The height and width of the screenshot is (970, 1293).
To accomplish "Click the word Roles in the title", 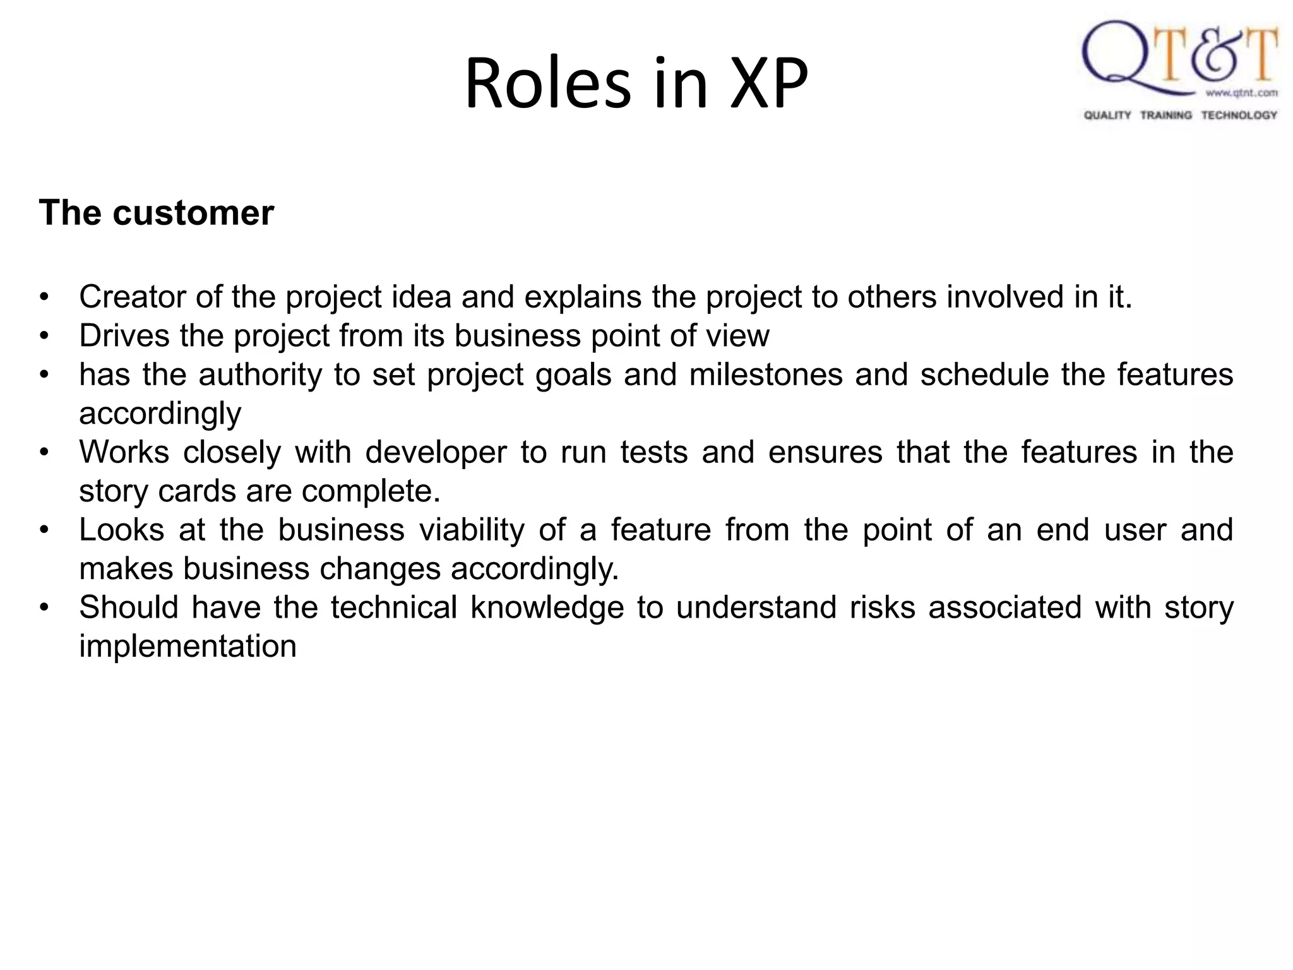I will point(547,84).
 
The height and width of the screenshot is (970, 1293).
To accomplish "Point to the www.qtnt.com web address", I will point(1241,93).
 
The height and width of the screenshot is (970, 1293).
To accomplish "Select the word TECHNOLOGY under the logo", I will point(1239,115).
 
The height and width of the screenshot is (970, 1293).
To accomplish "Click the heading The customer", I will point(156,212).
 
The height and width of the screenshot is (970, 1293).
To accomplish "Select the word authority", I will point(260,374).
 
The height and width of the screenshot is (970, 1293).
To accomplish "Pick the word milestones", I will point(766,374).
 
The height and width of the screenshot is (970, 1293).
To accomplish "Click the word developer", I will point(436,452).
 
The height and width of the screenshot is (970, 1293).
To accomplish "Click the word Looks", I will point(121,530).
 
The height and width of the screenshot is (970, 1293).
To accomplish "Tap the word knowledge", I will point(547,608).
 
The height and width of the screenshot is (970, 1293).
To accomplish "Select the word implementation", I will point(188,646).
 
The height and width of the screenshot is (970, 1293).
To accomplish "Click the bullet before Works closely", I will point(44,453).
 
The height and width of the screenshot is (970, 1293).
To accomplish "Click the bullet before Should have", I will point(44,608).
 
